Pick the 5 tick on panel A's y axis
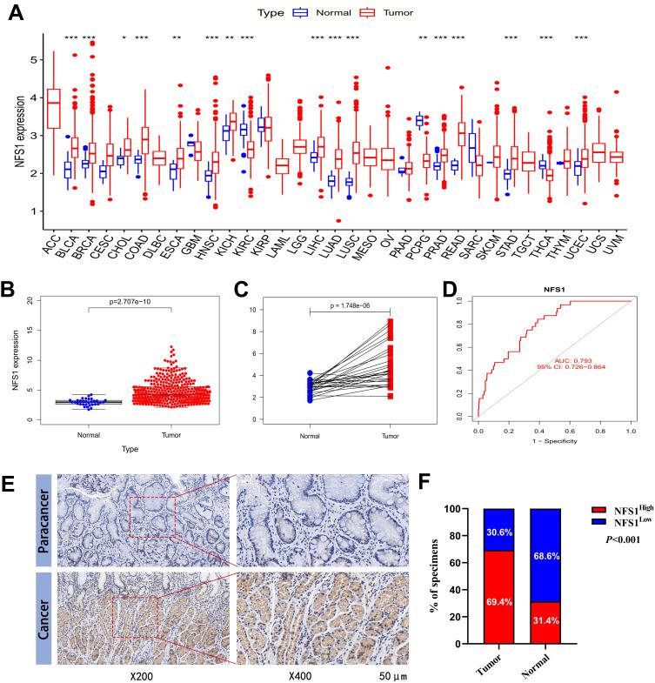tap(32, 60)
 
